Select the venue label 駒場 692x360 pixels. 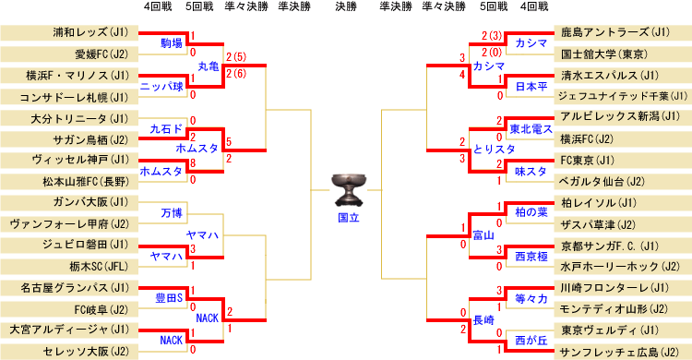click(171, 43)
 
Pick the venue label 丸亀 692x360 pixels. click(209, 66)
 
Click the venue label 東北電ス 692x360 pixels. click(531, 128)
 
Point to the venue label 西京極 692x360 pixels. click(531, 256)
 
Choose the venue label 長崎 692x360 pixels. click(483, 320)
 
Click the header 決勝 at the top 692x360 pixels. click(346, 7)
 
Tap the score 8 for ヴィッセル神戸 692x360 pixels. click(192, 162)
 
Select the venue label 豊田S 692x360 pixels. click(168, 298)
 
